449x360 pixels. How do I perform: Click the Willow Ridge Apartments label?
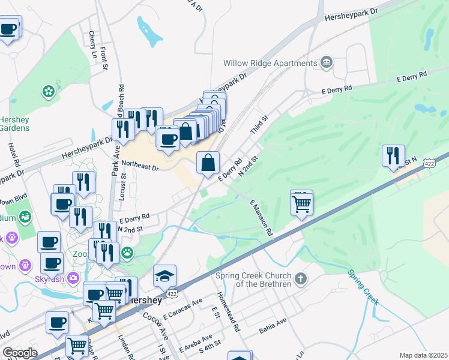pos(270,63)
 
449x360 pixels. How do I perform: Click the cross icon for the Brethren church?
pos(301,279)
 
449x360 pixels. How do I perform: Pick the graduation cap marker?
pos(164,276)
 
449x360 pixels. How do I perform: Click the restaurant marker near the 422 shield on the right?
pos(393,155)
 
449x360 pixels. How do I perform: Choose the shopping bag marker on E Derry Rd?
pos(208,163)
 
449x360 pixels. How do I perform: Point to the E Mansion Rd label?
pos(261,218)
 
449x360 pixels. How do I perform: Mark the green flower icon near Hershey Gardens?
pos(48,92)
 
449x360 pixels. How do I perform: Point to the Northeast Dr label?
pos(139,166)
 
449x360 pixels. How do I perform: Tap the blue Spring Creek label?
pos(363,289)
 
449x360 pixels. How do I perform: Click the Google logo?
pos(20,353)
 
